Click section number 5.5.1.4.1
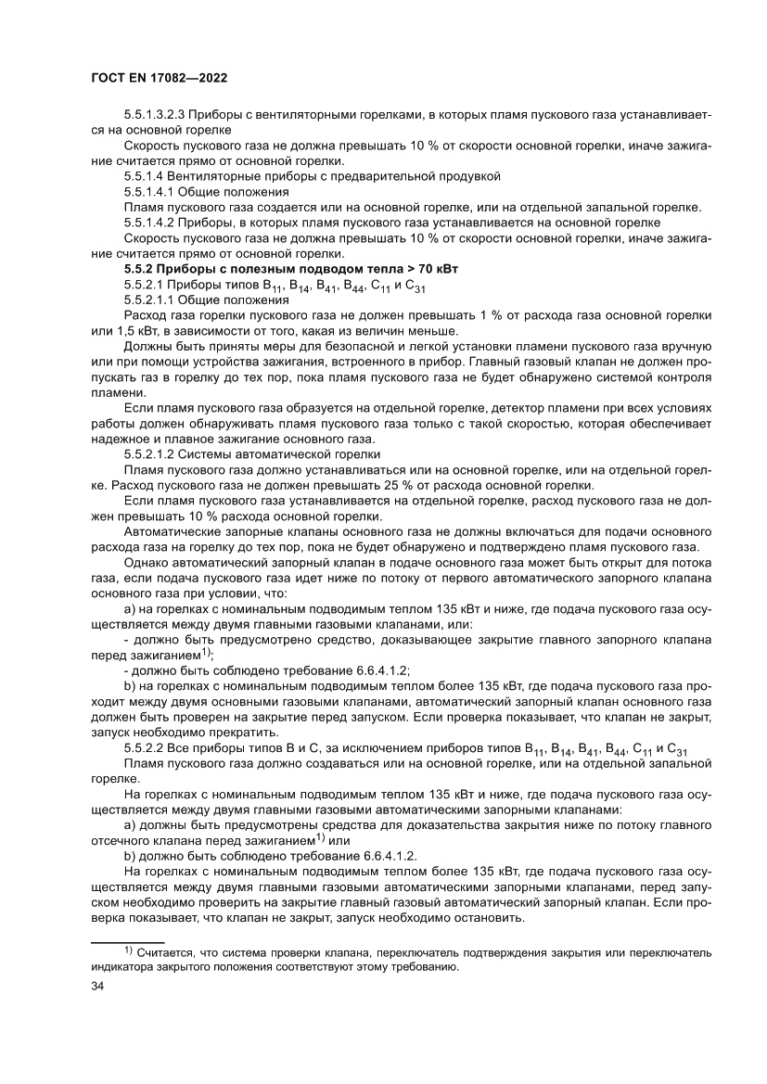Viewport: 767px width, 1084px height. pyautogui.click(x=145, y=191)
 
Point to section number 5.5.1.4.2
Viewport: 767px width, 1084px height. pyautogui.click(x=145, y=222)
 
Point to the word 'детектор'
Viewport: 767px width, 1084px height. pyautogui.click(x=521, y=409)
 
